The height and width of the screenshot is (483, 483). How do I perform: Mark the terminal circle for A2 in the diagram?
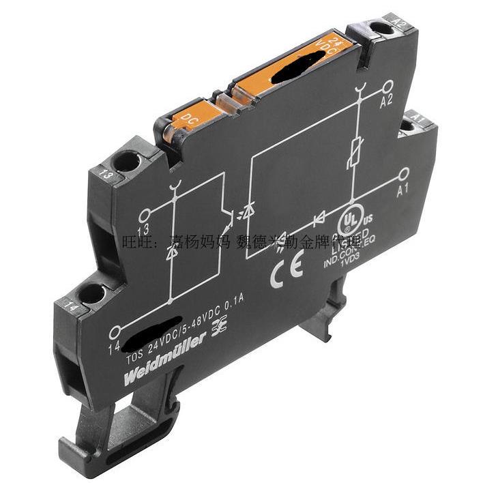click(387, 85)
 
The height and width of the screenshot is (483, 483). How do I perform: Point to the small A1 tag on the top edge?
click(418, 120)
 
